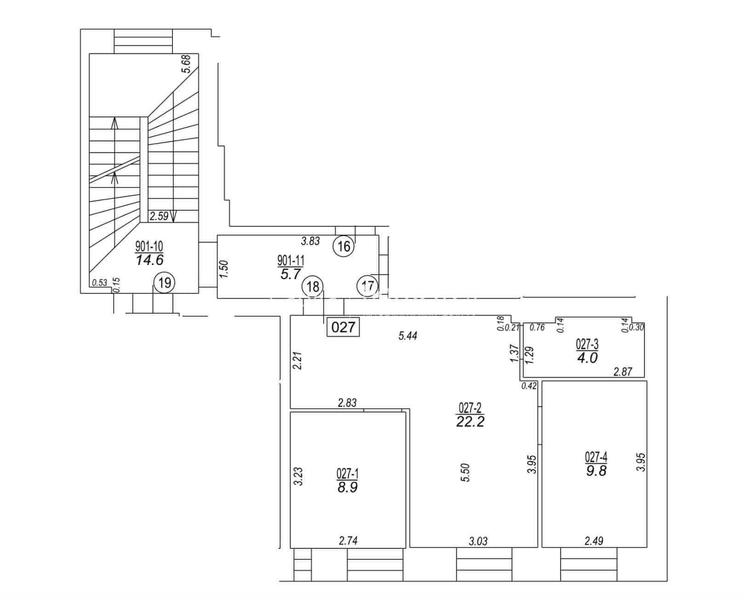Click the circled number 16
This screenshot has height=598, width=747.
click(x=344, y=246)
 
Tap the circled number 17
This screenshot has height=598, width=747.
click(x=368, y=286)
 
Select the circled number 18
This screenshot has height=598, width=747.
click(x=313, y=287)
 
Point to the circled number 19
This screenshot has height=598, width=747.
click(x=164, y=282)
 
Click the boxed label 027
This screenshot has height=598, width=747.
click(x=343, y=327)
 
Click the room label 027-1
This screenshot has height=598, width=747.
click(x=347, y=473)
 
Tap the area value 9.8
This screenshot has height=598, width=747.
click(x=596, y=471)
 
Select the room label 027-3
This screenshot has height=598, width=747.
click(x=587, y=344)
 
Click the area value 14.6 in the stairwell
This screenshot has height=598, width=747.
click(x=149, y=260)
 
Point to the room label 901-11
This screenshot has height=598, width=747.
click(x=291, y=260)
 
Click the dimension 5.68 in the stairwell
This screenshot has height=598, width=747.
click(x=186, y=63)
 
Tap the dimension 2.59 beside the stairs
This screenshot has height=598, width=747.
click(x=159, y=216)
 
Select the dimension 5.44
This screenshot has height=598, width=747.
click(x=408, y=336)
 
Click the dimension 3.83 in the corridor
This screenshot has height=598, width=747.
click(x=310, y=241)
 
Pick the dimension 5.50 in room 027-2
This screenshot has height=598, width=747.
click(x=465, y=472)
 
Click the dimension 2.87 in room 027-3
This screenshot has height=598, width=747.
click(x=623, y=372)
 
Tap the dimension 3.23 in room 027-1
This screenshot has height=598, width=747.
click(x=298, y=477)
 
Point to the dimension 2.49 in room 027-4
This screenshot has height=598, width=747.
click(x=594, y=540)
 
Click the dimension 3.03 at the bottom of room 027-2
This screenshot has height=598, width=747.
click(x=478, y=541)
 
